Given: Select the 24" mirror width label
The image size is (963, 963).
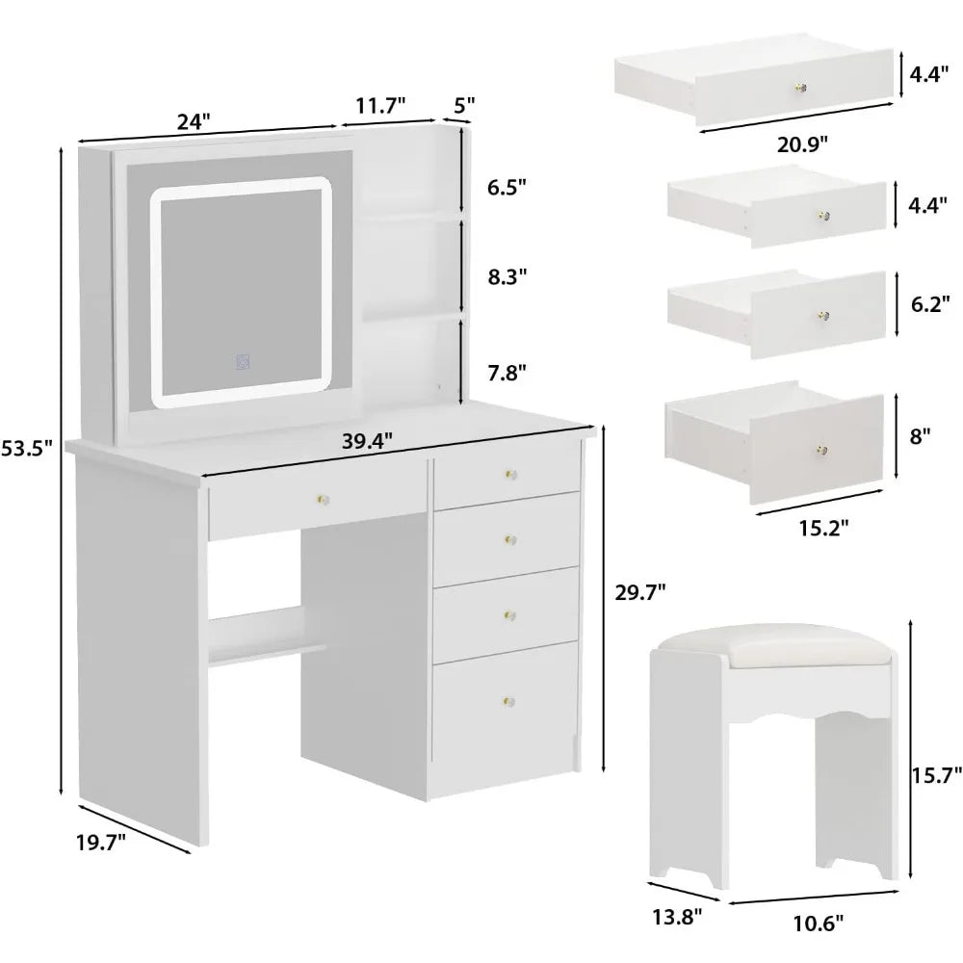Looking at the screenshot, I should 193,121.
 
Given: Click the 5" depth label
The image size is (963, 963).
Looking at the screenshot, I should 464,104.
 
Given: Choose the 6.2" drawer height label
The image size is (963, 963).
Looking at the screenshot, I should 931,303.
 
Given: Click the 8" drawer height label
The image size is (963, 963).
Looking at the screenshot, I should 921,435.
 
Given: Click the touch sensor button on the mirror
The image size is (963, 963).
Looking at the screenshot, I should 243,363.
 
